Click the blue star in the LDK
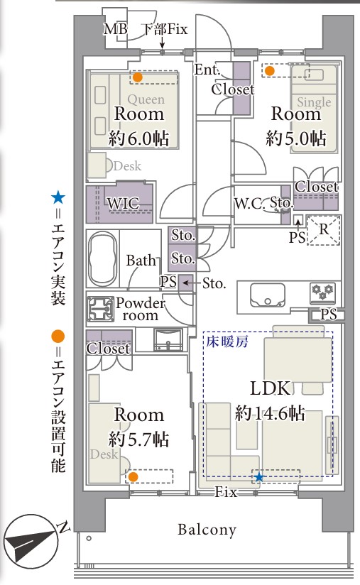pyautogui.click(x=258, y=477)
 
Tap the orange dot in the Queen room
pyautogui.click(x=138, y=77)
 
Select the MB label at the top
pyautogui.click(x=115, y=29)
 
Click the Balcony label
pyautogui.click(x=207, y=530)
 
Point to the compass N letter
pyautogui.click(x=63, y=527)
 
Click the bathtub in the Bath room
pyautogui.click(x=102, y=259)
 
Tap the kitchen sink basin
pyautogui.click(x=268, y=295)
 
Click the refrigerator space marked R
pyautogui.click(x=324, y=230)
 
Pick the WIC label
pyautogui.click(x=123, y=203)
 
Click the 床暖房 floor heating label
pyautogui.click(x=227, y=341)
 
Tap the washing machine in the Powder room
pyautogui.click(x=100, y=310)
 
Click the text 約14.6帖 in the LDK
pyautogui.click(x=270, y=413)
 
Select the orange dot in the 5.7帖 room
pyautogui.click(x=133, y=477)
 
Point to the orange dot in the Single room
pyautogui.click(x=269, y=71)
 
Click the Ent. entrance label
pyautogui.click(x=207, y=70)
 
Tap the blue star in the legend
pyautogui.click(x=58, y=197)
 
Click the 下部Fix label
pyautogui.click(x=165, y=30)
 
